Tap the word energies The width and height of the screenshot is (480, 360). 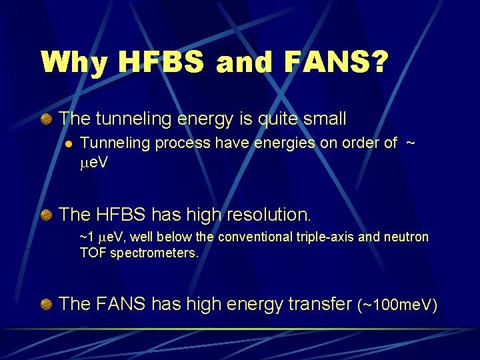tap(258, 143)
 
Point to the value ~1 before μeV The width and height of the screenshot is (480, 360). tap(86, 237)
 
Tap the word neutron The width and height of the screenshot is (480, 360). tap(405, 237)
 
